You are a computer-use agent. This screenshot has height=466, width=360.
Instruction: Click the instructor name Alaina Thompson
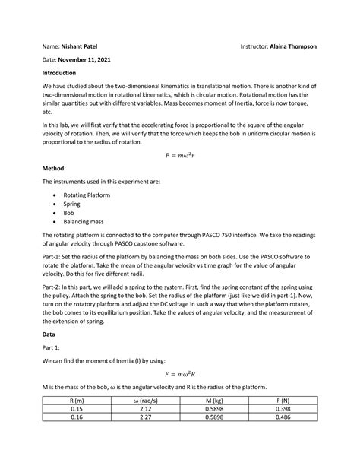tap(289, 46)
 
